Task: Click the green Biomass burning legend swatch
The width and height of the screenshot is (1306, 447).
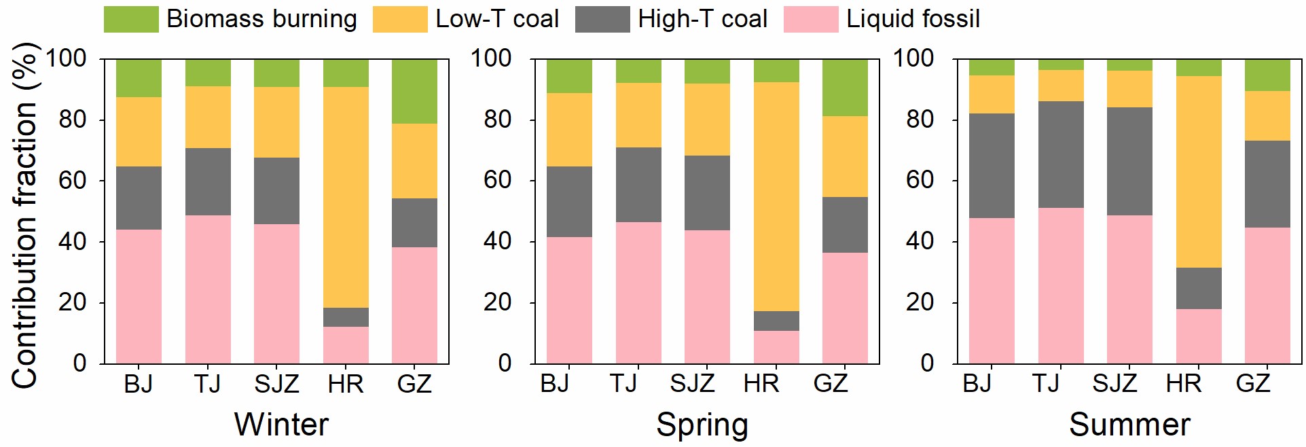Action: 130,20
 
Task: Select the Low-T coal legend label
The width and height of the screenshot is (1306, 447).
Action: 497,19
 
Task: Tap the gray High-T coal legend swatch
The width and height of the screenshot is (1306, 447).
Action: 602,20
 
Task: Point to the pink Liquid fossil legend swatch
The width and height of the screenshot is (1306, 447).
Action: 810,20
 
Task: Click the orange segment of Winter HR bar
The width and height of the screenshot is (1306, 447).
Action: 346,197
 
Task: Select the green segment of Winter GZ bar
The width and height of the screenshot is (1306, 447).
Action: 414,91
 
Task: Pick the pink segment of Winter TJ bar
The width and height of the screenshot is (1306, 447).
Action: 208,289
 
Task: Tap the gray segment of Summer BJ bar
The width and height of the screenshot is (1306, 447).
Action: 991,166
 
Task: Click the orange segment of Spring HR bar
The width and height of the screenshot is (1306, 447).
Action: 776,196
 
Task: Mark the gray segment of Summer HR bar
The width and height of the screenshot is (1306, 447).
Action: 1198,288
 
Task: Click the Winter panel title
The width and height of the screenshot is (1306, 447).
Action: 281,425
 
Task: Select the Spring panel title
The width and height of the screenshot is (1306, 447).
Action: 702,425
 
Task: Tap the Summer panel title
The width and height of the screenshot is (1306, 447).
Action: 1129,425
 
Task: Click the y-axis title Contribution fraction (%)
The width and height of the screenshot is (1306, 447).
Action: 24,216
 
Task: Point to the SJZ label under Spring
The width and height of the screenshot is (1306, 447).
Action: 692,384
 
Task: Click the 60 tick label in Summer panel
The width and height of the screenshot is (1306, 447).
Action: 920,181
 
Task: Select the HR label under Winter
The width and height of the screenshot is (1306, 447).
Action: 345,385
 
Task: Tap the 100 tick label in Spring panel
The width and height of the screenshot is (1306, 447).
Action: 491,58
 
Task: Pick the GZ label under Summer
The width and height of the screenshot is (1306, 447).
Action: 1252,384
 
